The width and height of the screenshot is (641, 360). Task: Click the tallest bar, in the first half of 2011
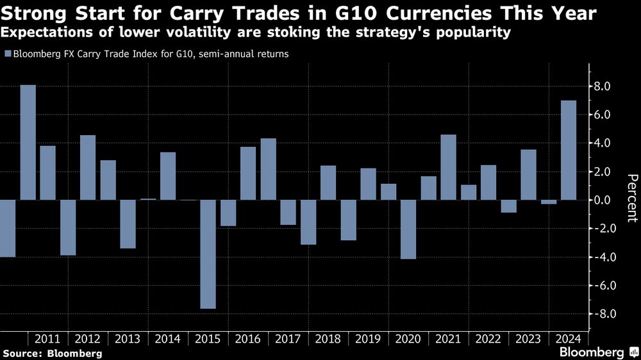point(28,142)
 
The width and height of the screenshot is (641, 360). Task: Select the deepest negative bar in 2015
point(208,254)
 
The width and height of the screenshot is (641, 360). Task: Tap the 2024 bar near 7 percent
point(569,151)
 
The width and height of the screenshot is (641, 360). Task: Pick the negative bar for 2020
point(409,229)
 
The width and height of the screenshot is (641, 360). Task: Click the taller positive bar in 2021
point(449,167)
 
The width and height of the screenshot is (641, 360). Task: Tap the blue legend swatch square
point(7,54)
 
